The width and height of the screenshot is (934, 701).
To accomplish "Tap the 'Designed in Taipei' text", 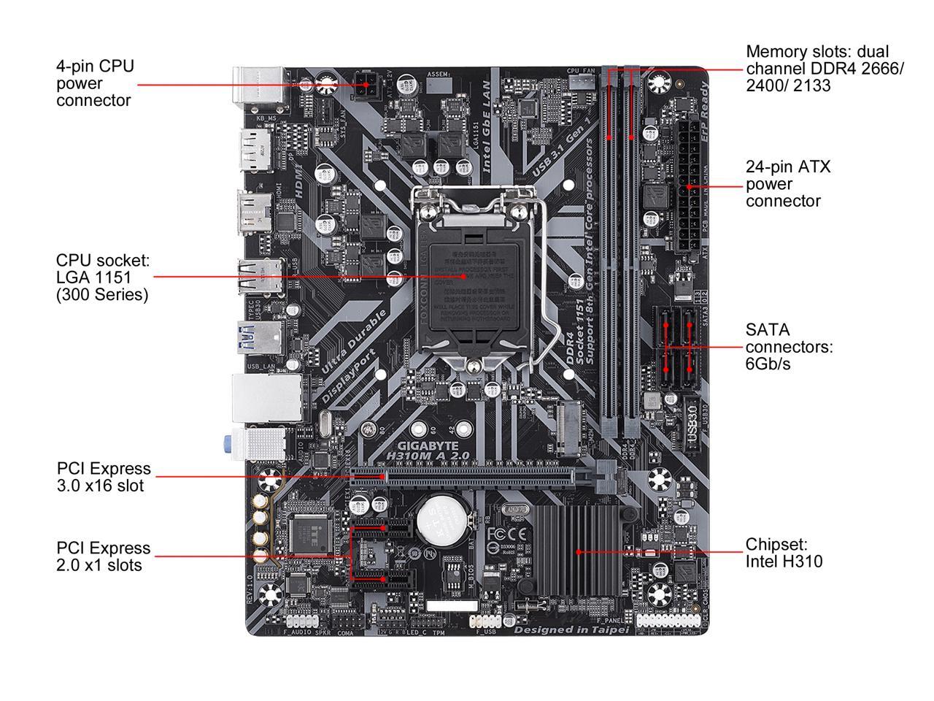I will click(571, 629).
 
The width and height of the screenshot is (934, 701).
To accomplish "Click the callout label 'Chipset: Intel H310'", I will click(784, 553).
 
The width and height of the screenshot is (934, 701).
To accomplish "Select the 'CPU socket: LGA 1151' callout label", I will click(102, 277).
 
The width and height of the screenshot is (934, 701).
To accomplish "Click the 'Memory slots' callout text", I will click(824, 69).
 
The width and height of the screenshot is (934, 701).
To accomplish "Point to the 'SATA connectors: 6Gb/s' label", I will click(788, 347).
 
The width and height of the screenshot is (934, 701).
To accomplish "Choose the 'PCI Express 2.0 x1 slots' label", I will click(103, 556).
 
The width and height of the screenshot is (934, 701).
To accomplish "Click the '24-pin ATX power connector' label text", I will click(787, 184).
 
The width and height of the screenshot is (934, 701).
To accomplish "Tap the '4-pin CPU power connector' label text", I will click(95, 83).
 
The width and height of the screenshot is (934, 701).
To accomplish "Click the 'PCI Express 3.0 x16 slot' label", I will click(103, 477).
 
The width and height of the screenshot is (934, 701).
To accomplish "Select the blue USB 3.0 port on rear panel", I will click(260, 338).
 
